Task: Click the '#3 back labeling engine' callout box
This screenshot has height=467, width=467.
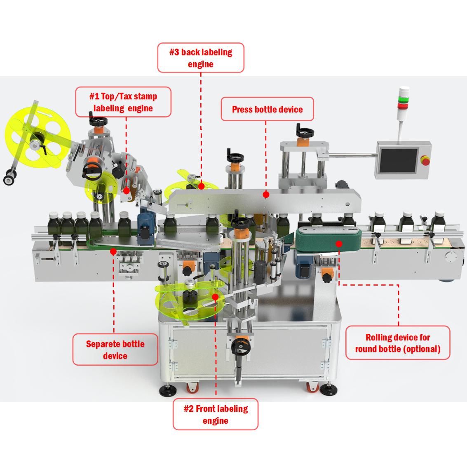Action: click(201, 58)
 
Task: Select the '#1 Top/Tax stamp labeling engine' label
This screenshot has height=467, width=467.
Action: click(123, 102)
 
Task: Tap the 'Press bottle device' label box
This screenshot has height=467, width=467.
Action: click(267, 109)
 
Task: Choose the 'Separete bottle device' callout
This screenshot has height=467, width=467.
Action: click(115, 350)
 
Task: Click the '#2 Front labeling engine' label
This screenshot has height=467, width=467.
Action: click(215, 414)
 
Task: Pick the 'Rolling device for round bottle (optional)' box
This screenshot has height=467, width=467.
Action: click(398, 343)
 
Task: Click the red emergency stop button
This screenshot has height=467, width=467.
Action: click(424, 160)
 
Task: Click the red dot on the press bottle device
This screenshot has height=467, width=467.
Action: click(266, 194)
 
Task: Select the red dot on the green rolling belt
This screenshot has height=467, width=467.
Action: click(339, 244)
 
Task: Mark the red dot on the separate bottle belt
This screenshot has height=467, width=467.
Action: click(113, 251)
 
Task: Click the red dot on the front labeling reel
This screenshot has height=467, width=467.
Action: click(215, 296)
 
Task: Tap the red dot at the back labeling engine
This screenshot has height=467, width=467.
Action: click(201, 186)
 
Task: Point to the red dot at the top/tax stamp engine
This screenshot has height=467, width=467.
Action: click(126, 190)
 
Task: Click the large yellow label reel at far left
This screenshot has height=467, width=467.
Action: click(31, 138)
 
